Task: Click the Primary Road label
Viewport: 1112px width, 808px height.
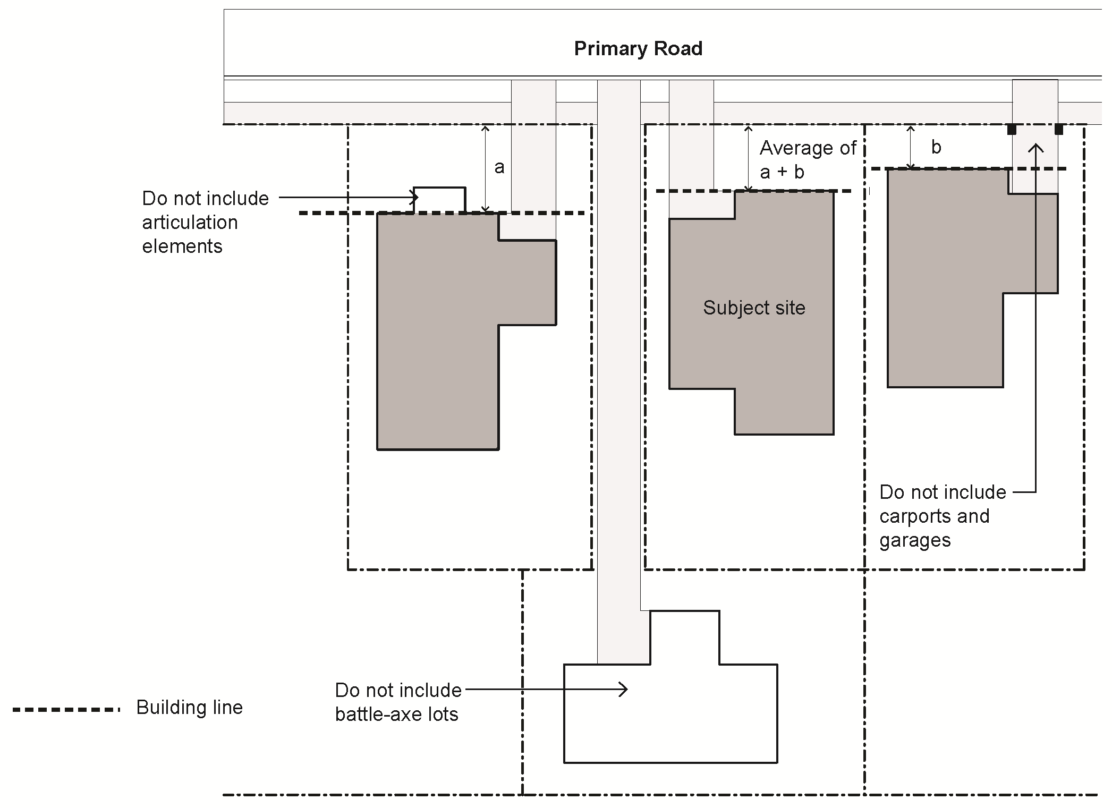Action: [638, 49]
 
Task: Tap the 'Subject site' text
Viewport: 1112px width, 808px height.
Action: [754, 308]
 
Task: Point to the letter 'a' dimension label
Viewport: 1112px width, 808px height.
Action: [499, 168]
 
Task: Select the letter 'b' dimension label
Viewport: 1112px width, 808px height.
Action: [936, 147]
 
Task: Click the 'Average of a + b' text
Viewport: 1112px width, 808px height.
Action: [808, 159]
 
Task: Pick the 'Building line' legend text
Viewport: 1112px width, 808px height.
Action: [189, 708]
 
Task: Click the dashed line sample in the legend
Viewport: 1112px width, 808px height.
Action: [66, 710]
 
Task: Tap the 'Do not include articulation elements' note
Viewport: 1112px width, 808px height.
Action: [205, 222]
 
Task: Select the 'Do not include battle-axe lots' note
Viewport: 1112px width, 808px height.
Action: [398, 702]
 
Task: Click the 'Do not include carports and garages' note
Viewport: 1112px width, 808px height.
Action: [942, 516]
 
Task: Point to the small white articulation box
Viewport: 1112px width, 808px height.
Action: [440, 200]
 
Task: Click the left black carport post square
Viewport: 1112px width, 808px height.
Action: [1012, 130]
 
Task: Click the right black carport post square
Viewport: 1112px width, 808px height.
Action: [1059, 130]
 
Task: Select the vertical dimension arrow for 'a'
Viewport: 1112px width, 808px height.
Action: [485, 169]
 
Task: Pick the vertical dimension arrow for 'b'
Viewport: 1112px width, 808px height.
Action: [911, 147]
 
